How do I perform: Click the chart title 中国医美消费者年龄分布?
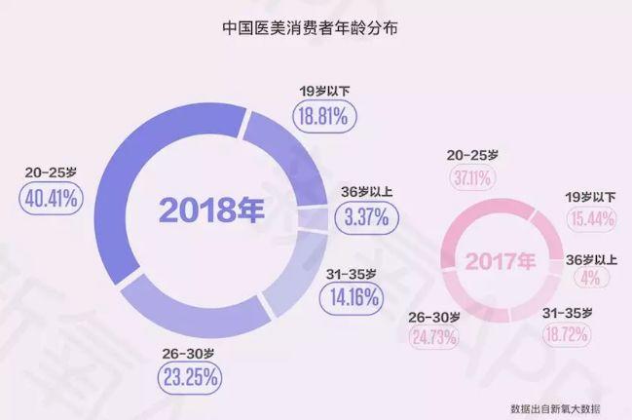tap(315, 30)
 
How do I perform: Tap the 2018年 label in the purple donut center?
tap(212, 210)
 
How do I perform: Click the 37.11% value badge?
tap(472, 176)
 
